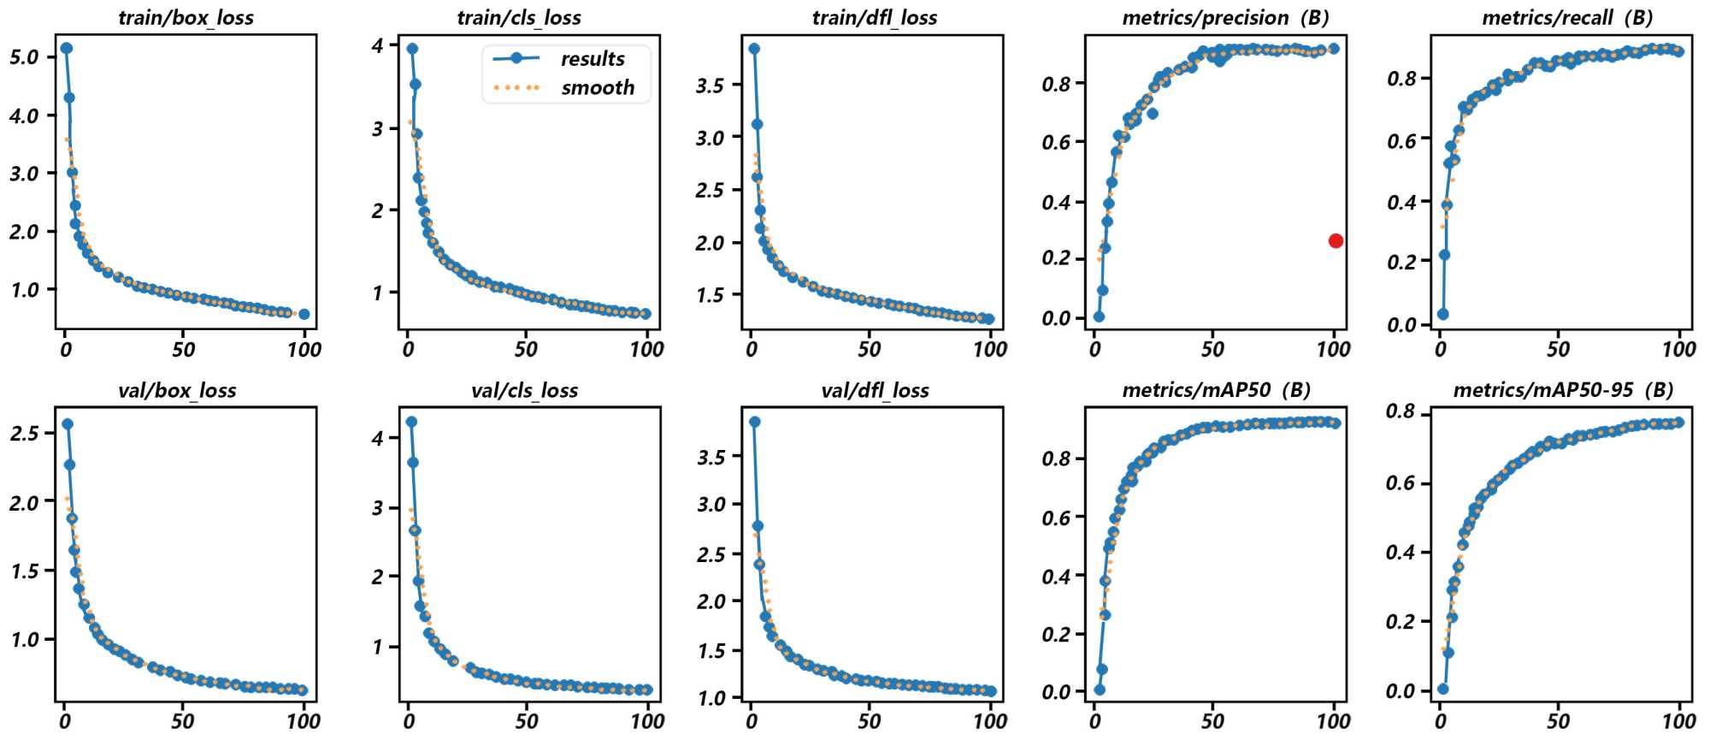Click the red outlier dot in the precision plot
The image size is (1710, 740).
pos(1336,241)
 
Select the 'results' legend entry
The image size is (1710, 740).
pos(592,59)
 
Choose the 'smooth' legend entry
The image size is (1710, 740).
pos(597,88)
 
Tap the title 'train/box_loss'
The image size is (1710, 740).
pos(186,18)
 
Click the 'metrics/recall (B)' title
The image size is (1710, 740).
pos(1566,18)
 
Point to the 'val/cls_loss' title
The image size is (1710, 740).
pos(524,391)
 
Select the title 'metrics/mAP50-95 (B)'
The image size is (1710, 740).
pos(1563,391)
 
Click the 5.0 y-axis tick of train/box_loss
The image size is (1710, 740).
pos(25,57)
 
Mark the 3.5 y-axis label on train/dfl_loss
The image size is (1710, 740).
pos(710,86)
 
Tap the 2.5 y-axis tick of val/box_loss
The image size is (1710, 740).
pos(25,433)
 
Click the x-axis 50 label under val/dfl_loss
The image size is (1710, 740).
pos(869,721)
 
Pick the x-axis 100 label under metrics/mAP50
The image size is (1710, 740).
pos(1333,721)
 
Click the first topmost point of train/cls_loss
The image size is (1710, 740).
pos(412,49)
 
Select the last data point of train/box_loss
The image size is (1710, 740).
pos(304,314)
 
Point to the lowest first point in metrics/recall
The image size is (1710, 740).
pos(1443,314)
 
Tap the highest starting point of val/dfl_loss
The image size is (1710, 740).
pos(754,422)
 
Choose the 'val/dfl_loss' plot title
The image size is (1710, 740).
pos(875,391)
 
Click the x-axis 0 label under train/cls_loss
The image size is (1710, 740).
pos(408,349)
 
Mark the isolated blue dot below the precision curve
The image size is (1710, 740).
pos(1153,114)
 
